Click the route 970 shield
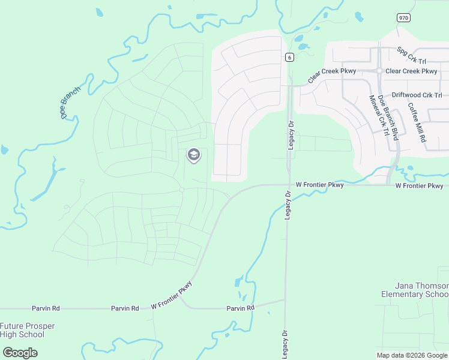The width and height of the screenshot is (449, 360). (403, 18)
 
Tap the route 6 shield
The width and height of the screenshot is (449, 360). (289, 57)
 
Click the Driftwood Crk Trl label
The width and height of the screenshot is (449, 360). (417, 95)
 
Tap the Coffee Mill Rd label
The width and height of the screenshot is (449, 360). (417, 122)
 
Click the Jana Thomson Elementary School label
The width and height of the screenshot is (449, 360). (414, 290)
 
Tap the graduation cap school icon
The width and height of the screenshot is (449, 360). (193, 155)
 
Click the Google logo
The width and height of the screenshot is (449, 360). (20, 352)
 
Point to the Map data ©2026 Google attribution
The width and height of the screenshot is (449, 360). (412, 355)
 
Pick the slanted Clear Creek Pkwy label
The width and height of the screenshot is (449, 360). (331, 75)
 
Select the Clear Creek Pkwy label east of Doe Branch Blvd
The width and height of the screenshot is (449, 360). (412, 71)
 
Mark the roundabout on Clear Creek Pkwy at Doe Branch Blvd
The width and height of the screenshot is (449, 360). (379, 71)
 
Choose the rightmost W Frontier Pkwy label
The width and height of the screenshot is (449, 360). (420, 186)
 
